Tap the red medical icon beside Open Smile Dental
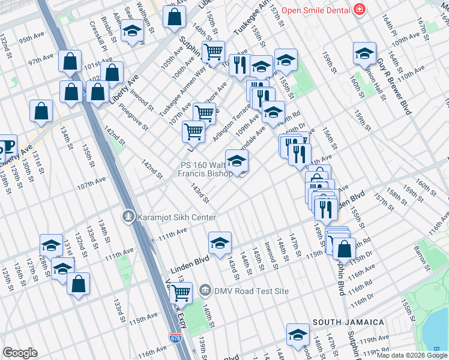tap(359, 10)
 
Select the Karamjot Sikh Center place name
tap(176, 217)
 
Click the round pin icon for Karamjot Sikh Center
tap(127, 217)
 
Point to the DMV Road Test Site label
tap(251, 291)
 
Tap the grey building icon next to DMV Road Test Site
tap(205, 291)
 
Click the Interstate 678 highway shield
tap(175, 338)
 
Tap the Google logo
tap(20, 353)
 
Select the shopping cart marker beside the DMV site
tap(181, 293)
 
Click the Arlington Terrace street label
tap(232, 122)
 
